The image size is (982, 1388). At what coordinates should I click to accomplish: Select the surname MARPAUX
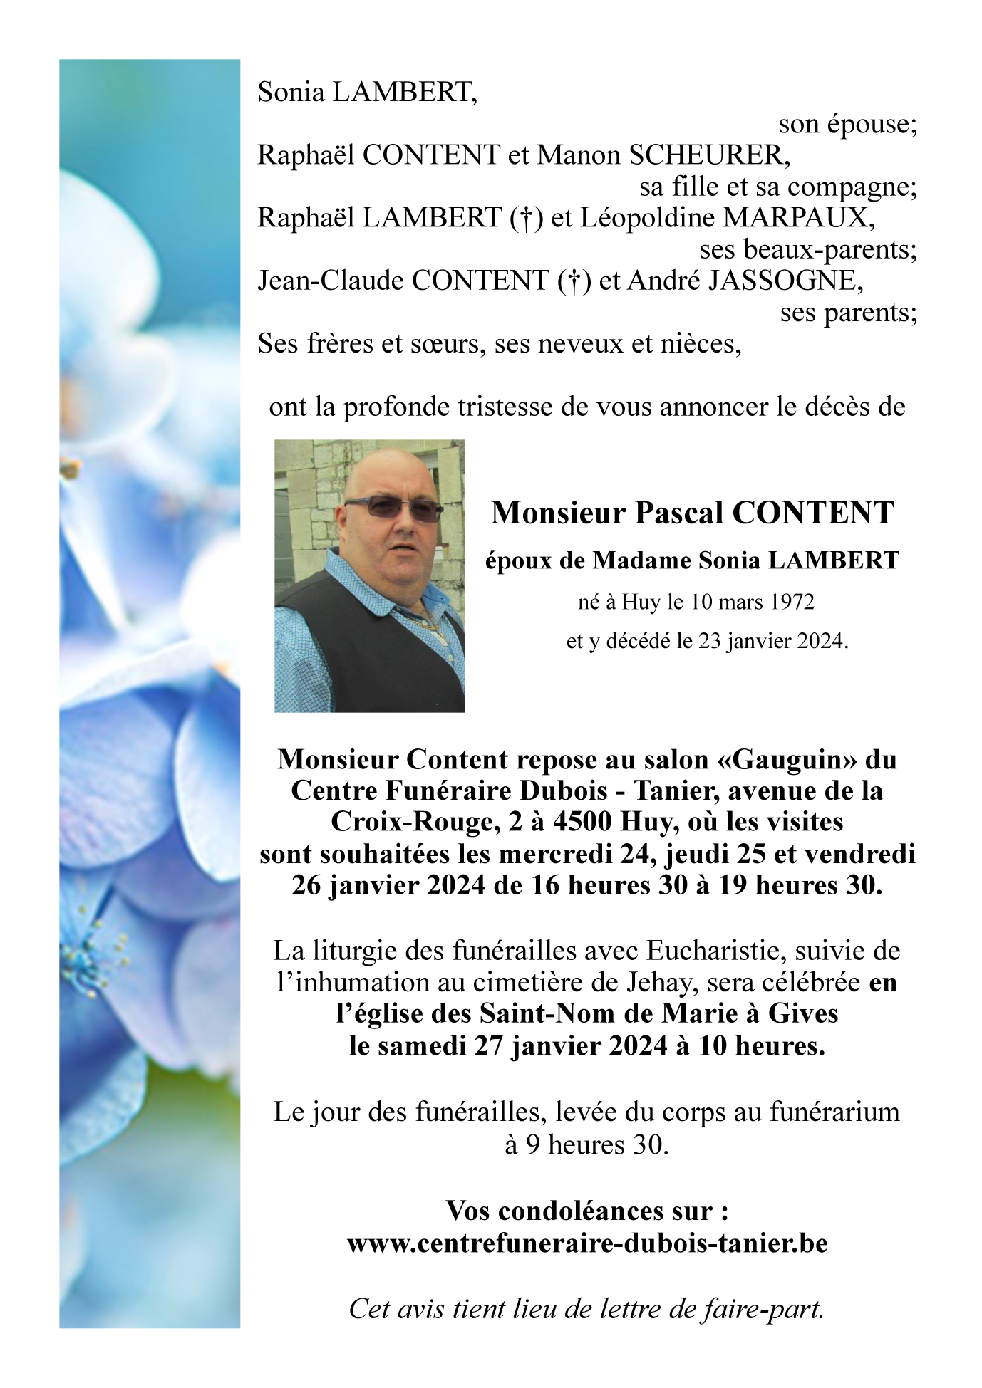coord(799,218)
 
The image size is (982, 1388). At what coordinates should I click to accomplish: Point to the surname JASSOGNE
coord(785,281)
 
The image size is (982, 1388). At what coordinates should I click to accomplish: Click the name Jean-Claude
coord(331,281)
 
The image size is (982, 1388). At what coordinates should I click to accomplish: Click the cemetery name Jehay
coord(659,983)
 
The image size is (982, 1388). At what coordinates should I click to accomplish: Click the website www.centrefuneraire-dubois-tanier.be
coord(587,1243)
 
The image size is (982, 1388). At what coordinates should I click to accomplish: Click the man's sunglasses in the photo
coord(393,508)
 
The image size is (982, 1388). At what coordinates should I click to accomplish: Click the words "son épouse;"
coord(847,125)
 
